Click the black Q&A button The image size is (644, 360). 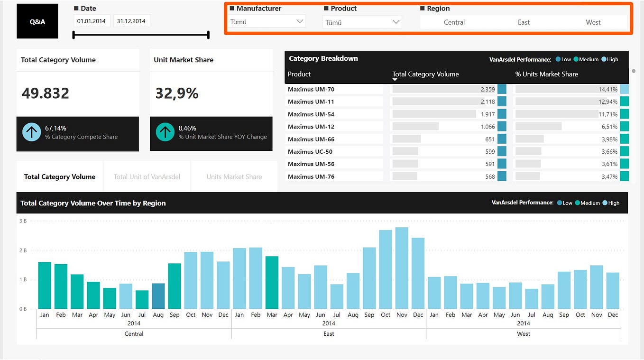pyautogui.click(x=37, y=21)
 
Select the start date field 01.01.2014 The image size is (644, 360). pyautogui.click(x=92, y=21)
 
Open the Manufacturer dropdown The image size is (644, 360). pyautogui.click(x=267, y=21)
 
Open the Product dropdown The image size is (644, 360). pyautogui.click(x=362, y=22)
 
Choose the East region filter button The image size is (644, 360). pyautogui.click(x=524, y=22)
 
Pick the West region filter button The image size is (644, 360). pyautogui.click(x=593, y=22)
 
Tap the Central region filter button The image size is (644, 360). pyautogui.click(x=454, y=22)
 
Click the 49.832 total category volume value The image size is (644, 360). pyautogui.click(x=46, y=93)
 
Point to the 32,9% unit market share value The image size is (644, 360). pyautogui.click(x=177, y=93)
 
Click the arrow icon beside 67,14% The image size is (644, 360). pyautogui.click(x=32, y=132)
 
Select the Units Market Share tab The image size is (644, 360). pyautogui.click(x=234, y=176)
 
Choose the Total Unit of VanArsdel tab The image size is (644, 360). pyautogui.click(x=147, y=176)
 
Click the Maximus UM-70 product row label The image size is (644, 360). pyautogui.click(x=311, y=89)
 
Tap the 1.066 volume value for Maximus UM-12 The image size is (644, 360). pyautogui.click(x=488, y=127)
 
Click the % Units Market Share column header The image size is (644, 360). pyautogui.click(x=546, y=74)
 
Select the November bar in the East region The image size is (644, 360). pyautogui.click(x=402, y=268)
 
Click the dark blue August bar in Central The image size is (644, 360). pyautogui.click(x=158, y=296)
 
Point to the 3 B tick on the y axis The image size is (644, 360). pyautogui.click(x=23, y=221)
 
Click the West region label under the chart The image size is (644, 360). pyautogui.click(x=523, y=334)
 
